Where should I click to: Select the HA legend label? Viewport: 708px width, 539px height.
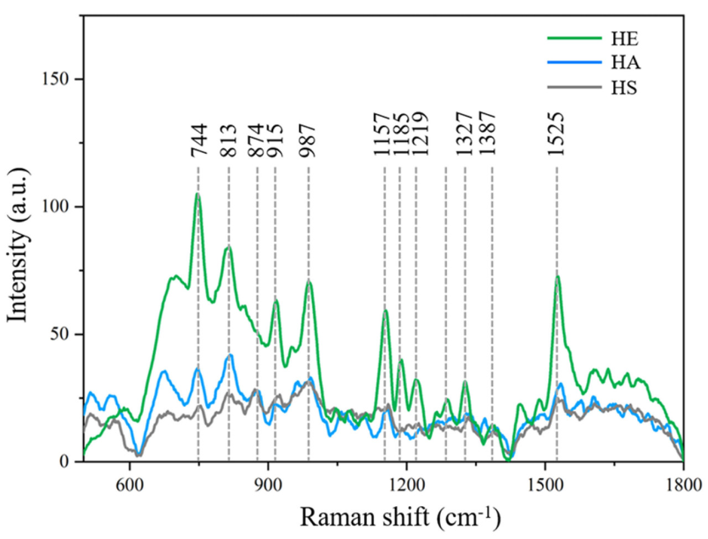[626, 63]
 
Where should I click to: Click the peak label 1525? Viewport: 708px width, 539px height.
[556, 133]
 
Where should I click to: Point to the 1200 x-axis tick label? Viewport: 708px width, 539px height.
[407, 476]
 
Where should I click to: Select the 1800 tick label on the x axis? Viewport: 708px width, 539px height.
[683, 476]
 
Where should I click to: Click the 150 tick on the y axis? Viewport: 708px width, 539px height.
[56, 79]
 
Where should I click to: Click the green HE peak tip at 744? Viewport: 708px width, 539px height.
[197, 194]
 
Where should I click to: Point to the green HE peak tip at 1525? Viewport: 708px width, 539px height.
[558, 276]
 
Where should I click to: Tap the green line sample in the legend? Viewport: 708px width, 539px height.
[574, 38]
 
